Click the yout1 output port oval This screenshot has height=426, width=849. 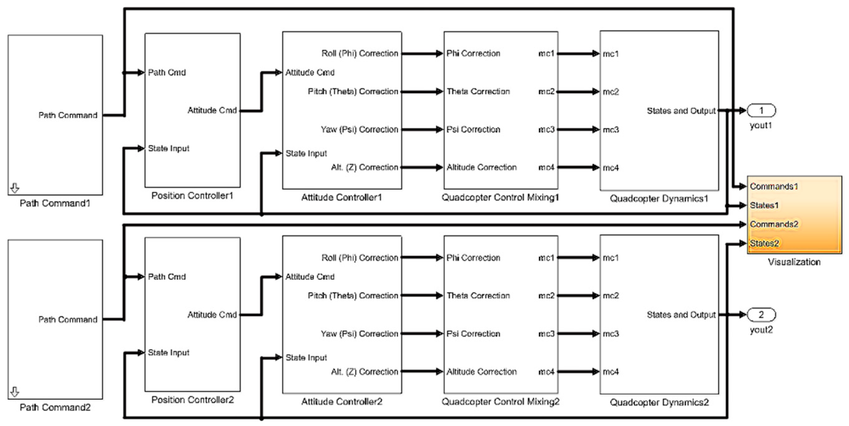pos(761,110)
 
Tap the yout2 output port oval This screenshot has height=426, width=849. pos(761,314)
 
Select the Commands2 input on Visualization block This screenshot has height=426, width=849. pos(774,224)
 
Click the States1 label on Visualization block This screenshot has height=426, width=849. pos(764,205)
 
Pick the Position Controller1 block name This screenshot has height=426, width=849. pos(192,196)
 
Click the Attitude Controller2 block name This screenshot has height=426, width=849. pos(342,402)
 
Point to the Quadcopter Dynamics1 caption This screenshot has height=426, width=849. pos(659,199)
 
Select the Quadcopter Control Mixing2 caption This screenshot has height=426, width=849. pos(500,402)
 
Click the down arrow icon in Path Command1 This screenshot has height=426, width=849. pos(15,189)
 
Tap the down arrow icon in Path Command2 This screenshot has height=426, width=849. pos(15,392)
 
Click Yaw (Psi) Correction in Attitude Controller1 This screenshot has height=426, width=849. pos(359,130)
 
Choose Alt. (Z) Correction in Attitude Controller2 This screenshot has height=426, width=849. pos(365,372)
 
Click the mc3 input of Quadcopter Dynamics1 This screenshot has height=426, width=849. pos(611,130)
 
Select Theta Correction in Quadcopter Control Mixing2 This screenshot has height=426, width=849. pos(478,296)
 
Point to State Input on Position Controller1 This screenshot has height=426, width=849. pos(169,149)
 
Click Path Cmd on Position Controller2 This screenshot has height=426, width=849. pos(167,277)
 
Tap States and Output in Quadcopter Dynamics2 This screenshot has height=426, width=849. pos(681,315)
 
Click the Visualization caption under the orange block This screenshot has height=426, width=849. pos(794,262)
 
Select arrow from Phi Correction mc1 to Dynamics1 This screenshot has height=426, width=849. pos(578,53)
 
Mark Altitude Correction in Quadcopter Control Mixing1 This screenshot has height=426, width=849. pos(481,167)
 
